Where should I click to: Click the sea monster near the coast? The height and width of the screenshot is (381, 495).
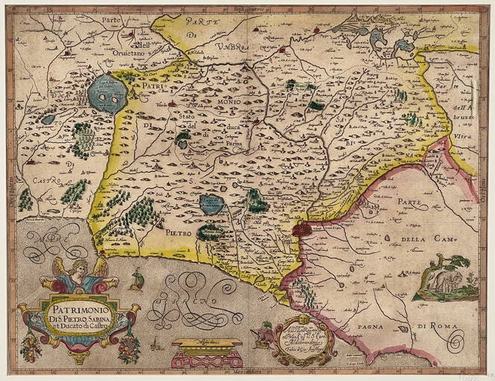[x=136, y=280]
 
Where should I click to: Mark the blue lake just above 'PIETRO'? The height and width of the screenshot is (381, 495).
[x=211, y=204]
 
